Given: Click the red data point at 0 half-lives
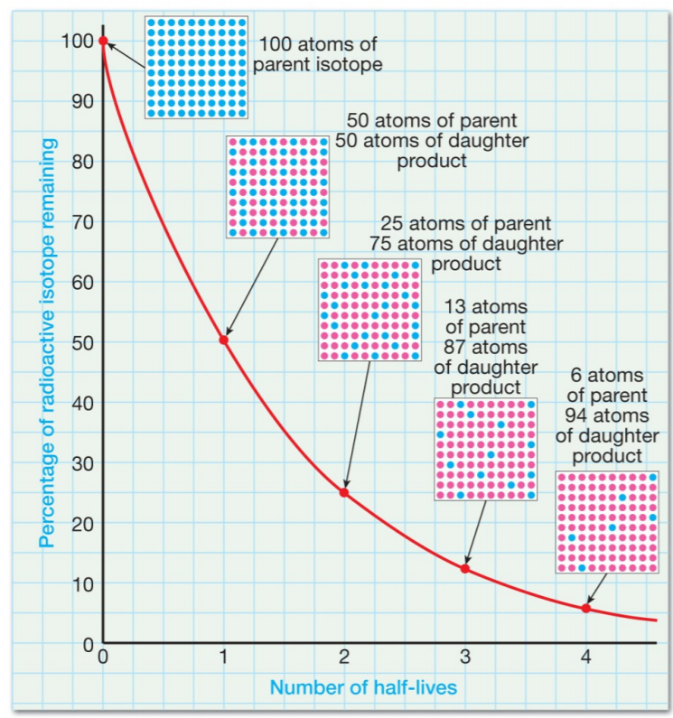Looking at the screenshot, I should click(103, 41).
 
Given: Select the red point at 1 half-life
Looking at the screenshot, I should click(224, 340).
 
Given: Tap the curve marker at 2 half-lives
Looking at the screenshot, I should click(343, 492).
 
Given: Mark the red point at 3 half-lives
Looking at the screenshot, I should click(465, 568).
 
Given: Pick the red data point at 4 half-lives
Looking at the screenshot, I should click(585, 608).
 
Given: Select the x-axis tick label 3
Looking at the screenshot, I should click(465, 657).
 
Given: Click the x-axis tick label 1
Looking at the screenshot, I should click(224, 657).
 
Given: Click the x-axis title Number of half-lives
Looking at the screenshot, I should click(364, 688).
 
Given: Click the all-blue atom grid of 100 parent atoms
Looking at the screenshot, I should click(196, 66).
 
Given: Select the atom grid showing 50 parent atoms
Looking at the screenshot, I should click(277, 187).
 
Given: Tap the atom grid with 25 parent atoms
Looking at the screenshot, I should click(369, 310).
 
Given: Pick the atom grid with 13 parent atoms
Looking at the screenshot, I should click(486, 449).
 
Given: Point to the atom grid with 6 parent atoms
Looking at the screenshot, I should click(606, 521).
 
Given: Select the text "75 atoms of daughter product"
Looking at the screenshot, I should click(465, 254).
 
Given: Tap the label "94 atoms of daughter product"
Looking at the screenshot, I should click(606, 424).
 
